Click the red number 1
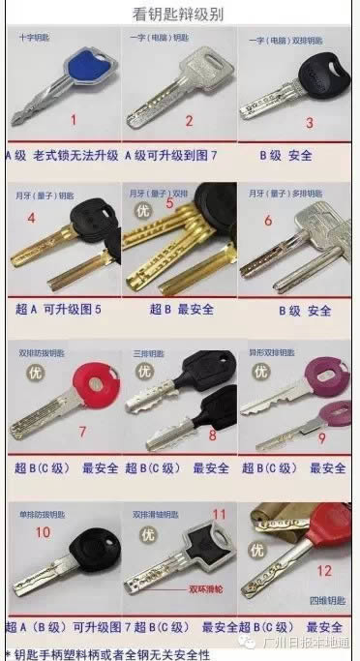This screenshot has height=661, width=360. pos(72,120)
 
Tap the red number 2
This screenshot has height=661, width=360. pos(190,120)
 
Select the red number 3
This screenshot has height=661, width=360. pos(309,123)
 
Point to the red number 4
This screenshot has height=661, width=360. pos(31,219)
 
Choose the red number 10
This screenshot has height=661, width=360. pos(43,531)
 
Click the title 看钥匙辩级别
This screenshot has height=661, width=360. pos(180,14)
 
